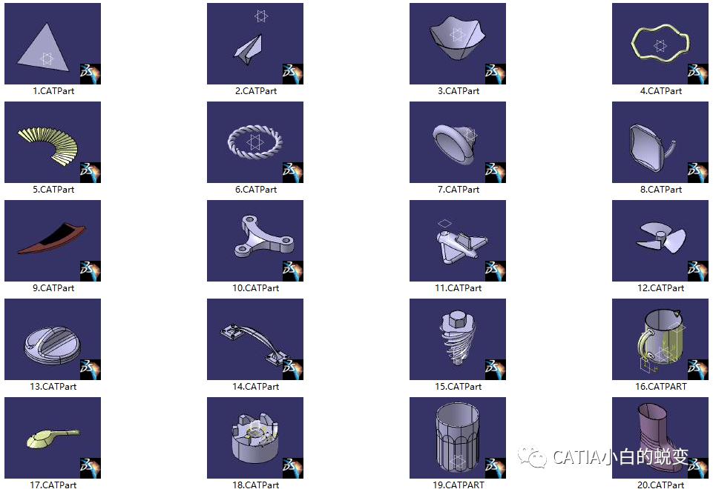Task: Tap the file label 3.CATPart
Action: (459, 91)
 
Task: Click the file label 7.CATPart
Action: (459, 190)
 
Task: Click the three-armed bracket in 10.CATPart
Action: (260, 237)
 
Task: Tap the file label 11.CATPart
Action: (459, 288)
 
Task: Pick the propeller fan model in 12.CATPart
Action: (654, 236)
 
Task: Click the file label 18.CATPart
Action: (256, 485)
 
